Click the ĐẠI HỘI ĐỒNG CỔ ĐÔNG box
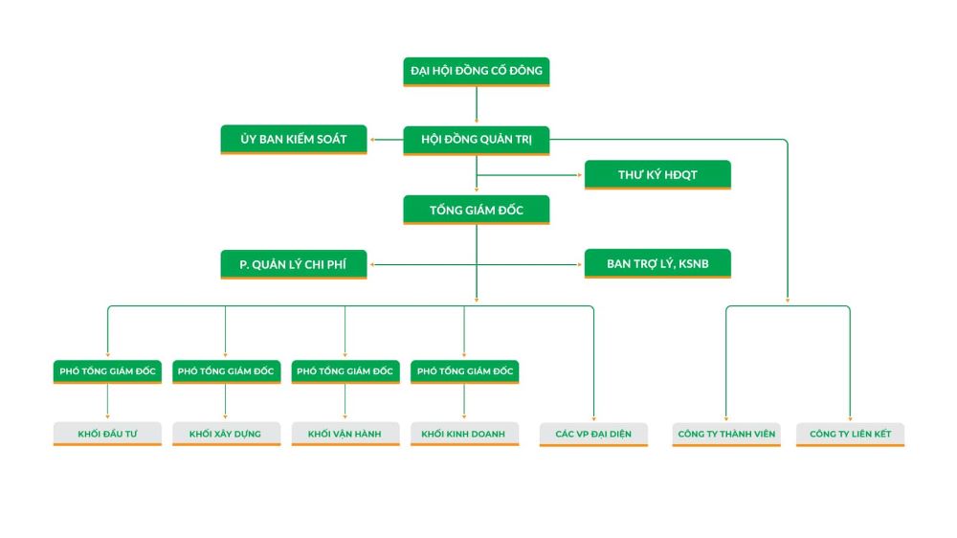tap(476, 71)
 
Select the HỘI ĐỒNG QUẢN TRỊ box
tap(476, 140)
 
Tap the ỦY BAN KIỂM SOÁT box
tap(294, 140)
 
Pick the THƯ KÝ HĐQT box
tap(657, 174)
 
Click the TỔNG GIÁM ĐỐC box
tap(476, 210)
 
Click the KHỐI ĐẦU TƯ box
tap(107, 434)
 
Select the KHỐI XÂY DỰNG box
tap(226, 434)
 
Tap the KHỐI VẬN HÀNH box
tap(345, 434)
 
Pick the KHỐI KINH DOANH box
tap(464, 434)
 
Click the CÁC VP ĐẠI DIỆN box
tap(593, 434)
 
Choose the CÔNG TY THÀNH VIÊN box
tap(725, 434)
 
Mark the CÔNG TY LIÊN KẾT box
tap(850, 434)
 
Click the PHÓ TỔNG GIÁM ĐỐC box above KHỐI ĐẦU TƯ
tap(107, 371)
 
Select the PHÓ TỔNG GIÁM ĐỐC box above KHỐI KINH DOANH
tap(464, 371)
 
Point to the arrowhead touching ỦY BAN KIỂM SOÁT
tap(373, 141)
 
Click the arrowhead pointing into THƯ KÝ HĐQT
tap(580, 175)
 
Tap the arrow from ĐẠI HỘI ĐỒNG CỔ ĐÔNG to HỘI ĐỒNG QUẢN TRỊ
tap(476, 105)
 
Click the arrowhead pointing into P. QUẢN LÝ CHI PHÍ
tap(373, 264)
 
